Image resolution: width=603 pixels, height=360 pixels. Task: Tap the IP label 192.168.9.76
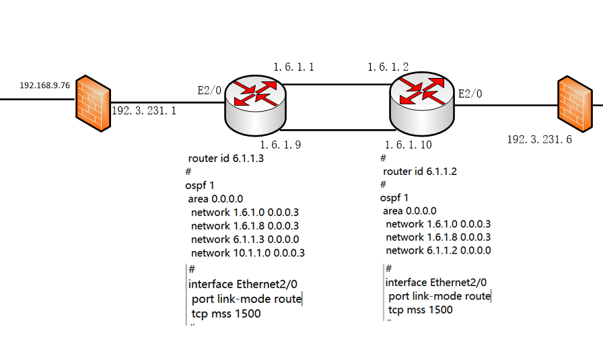point(45,85)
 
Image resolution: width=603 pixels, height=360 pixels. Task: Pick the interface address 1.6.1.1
point(293,67)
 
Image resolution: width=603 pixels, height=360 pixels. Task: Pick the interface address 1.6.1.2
point(388,67)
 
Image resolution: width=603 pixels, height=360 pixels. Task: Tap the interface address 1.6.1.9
point(281,144)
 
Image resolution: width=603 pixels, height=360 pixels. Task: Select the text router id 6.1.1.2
point(420,172)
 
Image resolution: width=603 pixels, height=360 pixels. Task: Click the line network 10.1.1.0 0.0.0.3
point(248,253)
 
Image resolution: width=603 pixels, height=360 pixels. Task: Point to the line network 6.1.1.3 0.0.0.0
point(244,239)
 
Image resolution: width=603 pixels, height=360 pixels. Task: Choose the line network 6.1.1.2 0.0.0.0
point(438,250)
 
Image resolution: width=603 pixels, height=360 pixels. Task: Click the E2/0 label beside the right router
point(470,94)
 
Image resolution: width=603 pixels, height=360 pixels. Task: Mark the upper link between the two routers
point(337,85)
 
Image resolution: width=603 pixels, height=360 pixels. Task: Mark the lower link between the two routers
point(337,129)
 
